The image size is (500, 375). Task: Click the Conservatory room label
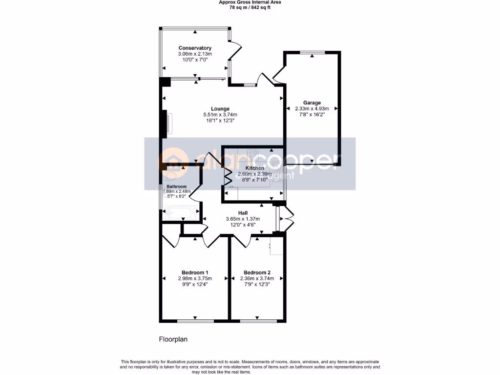coord(195,48)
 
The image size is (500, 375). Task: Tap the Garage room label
coord(312,103)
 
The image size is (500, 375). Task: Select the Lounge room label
coord(220,108)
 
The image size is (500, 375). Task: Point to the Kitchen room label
coord(254,168)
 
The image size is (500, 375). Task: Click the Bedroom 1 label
coord(195,272)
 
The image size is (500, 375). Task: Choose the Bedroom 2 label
coord(257,272)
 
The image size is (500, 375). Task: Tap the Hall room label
coord(243,213)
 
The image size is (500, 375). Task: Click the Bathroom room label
coord(176,187)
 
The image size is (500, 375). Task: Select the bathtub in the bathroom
coord(181,213)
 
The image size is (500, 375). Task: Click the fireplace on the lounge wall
coord(166,122)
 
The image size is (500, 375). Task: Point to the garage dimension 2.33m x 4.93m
coord(312,108)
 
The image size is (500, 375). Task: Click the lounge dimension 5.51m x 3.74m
coord(220,114)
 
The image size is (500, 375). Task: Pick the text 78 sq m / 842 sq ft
coord(250,7)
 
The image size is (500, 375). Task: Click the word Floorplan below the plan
coord(173,339)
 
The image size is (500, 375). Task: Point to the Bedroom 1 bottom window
coord(195,321)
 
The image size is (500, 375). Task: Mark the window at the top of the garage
coord(312,52)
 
